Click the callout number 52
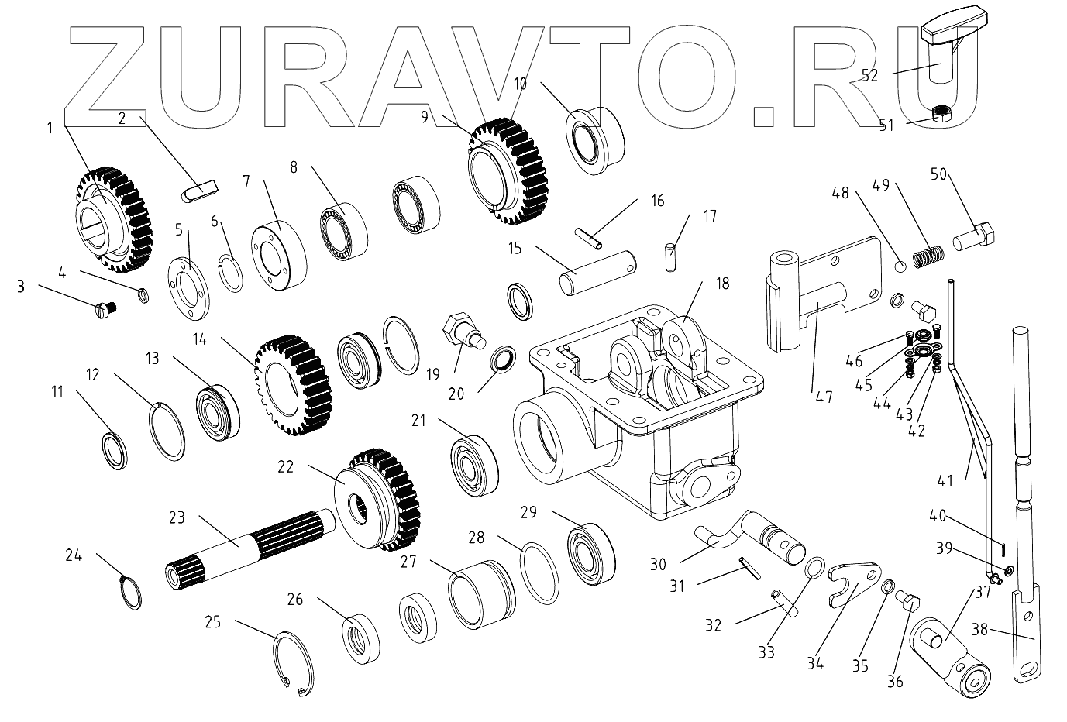(869, 75)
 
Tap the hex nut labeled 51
(940, 115)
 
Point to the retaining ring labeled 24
(133, 593)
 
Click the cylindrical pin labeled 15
(599, 270)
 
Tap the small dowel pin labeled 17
(671, 257)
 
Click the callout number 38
(979, 630)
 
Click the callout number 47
(824, 397)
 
